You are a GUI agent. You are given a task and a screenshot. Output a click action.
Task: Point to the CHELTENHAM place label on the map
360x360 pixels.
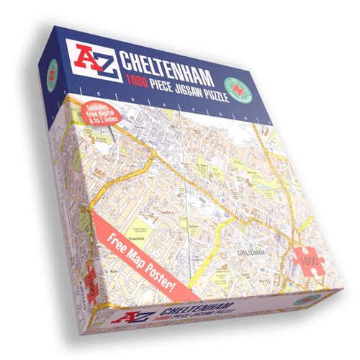tap(255, 253)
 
